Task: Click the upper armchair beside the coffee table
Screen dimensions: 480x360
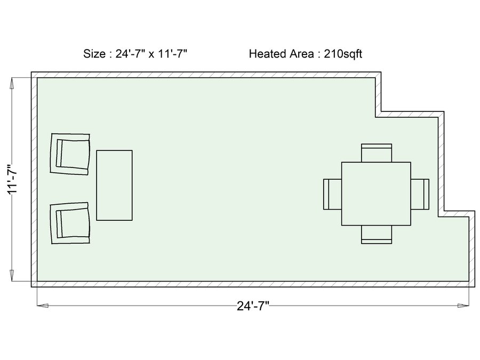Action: coord(70,154)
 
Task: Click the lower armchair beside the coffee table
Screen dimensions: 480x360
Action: coord(70,223)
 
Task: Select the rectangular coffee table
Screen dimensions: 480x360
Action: coord(115,185)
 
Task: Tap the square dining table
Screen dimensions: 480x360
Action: coord(376,194)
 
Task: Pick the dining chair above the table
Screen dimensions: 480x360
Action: coord(377,153)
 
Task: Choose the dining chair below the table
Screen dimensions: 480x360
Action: coord(377,235)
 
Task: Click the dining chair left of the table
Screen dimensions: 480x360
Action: coord(332,194)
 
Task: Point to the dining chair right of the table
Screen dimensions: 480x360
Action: coord(420,194)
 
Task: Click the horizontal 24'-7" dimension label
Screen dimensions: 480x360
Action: coord(253,306)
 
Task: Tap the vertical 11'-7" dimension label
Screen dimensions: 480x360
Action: coord(13,179)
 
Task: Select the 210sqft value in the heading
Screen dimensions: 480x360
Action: coord(343,54)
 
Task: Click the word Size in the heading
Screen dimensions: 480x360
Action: coord(94,53)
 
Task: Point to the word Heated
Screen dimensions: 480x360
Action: coord(268,53)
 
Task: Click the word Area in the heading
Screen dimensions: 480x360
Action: coord(301,53)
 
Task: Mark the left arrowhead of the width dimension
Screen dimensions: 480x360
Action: coord(43,306)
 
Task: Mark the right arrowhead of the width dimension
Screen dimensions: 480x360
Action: coord(463,306)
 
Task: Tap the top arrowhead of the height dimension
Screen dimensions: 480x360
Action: coord(12,83)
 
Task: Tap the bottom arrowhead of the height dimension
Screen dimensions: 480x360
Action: coord(12,275)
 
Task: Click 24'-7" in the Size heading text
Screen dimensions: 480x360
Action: coord(130,53)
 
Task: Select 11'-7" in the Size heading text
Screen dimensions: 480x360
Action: coord(172,53)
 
